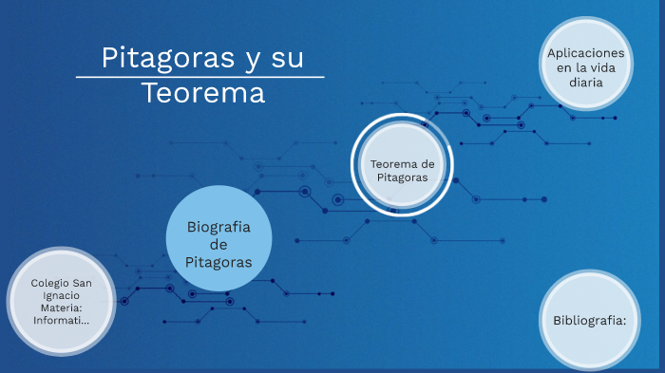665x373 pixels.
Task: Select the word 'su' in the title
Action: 284,59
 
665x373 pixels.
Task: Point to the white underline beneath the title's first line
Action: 199,77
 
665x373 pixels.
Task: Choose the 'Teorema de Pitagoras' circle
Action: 402,169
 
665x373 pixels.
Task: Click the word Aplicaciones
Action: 586,53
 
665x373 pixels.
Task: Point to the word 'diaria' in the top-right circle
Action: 586,83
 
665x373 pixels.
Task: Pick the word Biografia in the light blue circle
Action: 218,227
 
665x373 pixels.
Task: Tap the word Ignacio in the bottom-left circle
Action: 61,295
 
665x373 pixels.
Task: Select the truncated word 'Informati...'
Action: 61,320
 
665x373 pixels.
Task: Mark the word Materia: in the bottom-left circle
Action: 61,308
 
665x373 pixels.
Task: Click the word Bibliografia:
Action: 590,320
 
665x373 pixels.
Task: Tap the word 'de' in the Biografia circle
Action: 218,244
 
